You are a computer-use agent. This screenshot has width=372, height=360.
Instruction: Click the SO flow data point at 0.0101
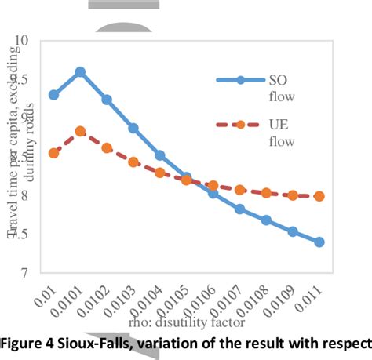[x=80, y=71]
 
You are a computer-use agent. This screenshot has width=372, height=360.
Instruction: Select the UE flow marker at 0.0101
[x=80, y=132]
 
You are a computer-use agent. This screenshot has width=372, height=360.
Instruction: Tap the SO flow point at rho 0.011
[x=319, y=242]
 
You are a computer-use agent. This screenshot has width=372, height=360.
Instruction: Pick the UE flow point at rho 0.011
[x=319, y=196]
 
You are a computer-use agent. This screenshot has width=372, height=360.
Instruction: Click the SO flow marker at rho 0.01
[x=53, y=95]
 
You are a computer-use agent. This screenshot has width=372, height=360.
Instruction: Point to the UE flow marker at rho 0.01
[x=53, y=153]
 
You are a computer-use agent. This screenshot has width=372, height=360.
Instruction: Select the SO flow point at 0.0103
[x=133, y=128]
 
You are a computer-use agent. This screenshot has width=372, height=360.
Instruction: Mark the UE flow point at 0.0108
[x=266, y=193]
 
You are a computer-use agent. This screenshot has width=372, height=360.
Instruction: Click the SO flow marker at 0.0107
[x=239, y=209]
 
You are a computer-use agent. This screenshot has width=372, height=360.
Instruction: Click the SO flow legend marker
[x=241, y=79]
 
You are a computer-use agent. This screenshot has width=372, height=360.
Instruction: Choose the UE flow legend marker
[x=241, y=125]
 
